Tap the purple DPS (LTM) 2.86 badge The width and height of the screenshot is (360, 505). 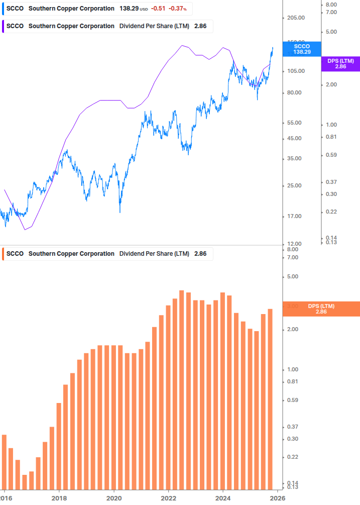click(x=340, y=63)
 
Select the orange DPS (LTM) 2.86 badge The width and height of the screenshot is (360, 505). click(x=321, y=309)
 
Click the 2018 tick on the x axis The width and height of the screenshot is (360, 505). click(x=59, y=498)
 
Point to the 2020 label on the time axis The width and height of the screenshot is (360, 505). click(x=114, y=498)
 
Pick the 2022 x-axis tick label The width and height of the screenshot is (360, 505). click(x=169, y=498)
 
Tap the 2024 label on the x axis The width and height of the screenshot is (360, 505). click(x=223, y=498)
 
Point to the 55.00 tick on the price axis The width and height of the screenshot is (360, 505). click(x=296, y=123)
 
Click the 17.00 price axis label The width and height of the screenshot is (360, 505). click(x=296, y=216)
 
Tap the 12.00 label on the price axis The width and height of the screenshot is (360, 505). click(x=296, y=244)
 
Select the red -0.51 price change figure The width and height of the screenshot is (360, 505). click(x=159, y=9)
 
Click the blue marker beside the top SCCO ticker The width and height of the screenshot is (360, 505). click(x=3, y=9)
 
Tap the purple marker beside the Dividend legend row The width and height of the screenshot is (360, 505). click(x=3, y=26)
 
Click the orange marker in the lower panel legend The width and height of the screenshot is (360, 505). click(x=3, y=254)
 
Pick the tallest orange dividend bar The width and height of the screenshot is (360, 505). click(x=182, y=390)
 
